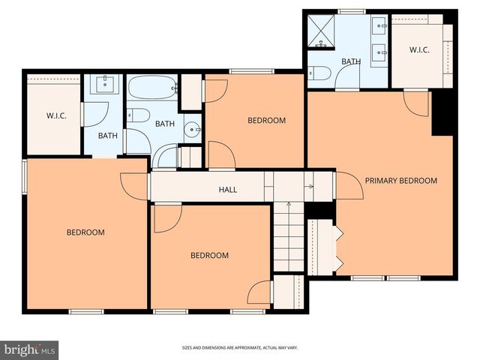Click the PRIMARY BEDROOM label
[x=400, y=181]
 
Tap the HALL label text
[x=228, y=190]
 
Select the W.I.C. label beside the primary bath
[x=418, y=50]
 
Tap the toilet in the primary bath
[x=318, y=73]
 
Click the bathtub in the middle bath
[x=152, y=89]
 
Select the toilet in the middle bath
[x=136, y=115]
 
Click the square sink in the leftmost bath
[x=104, y=82]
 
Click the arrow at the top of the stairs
[x=308, y=186]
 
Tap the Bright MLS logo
[x=30, y=349]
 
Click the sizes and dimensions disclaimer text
[x=240, y=348]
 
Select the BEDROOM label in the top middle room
[x=266, y=121]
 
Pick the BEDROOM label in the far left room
[x=85, y=232]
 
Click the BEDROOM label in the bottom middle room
[x=209, y=256]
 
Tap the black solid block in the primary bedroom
[x=443, y=112]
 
